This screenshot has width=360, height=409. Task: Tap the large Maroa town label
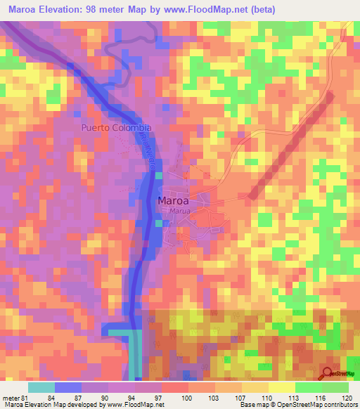pyautogui.click(x=173, y=200)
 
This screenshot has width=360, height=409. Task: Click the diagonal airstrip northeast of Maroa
pyautogui.click(x=288, y=144)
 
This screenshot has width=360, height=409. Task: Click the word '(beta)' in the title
pyautogui.click(x=261, y=10)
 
